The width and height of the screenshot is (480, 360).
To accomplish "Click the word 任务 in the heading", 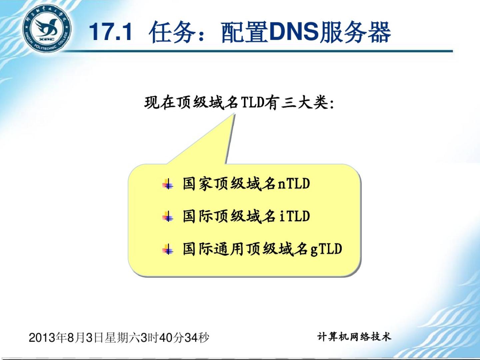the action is [172, 32].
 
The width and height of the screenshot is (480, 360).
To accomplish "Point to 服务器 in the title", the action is [355, 32].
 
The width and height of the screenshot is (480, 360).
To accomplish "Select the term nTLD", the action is [294, 183].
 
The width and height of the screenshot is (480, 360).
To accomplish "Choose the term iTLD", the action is [295, 216].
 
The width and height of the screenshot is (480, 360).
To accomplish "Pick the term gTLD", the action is [326, 249].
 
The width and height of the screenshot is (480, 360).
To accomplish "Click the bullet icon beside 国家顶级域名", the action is [168, 184].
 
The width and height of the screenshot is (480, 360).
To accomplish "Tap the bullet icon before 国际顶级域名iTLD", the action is [168, 217].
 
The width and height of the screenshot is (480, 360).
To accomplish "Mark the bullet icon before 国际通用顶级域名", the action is [168, 249].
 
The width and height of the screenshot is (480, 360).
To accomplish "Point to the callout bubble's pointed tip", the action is [234, 114].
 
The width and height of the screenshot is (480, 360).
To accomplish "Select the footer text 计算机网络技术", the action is [354, 337].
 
